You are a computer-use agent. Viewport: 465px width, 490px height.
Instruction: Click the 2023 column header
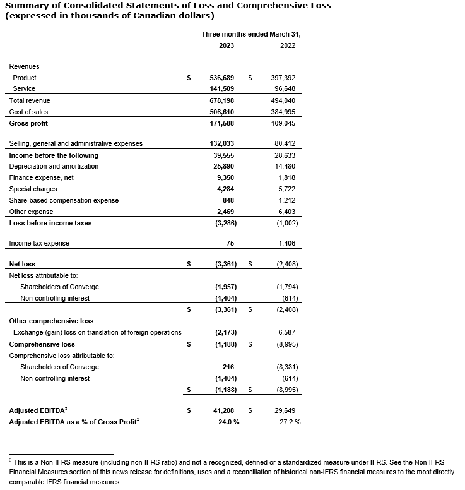click(227, 45)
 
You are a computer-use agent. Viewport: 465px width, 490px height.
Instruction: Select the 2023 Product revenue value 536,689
click(221, 78)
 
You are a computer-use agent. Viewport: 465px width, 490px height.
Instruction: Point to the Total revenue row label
click(30, 100)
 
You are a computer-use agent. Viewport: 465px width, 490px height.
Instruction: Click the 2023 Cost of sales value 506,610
click(221, 112)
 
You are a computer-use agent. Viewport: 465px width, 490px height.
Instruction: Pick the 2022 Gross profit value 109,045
click(283, 123)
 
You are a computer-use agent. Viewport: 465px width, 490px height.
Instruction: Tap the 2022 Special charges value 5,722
click(286, 189)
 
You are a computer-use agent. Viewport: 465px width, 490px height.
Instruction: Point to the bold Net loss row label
click(22, 264)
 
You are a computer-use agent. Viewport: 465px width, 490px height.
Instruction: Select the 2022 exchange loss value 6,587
click(286, 332)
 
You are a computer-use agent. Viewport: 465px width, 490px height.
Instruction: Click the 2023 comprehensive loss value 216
click(229, 367)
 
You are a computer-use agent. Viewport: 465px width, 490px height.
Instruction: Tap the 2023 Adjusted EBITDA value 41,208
click(223, 410)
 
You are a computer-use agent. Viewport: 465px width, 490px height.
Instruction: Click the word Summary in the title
click(29, 6)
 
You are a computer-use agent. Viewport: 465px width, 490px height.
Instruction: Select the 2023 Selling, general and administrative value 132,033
click(221, 143)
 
